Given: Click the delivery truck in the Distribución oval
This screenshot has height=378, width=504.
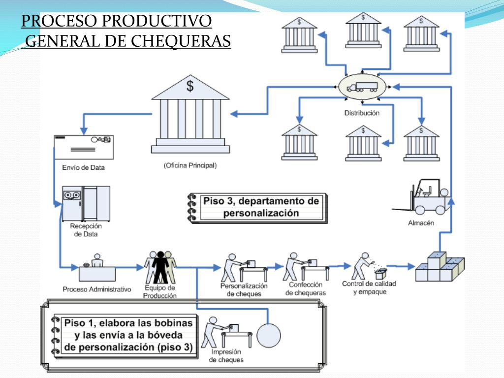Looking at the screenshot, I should [362, 87].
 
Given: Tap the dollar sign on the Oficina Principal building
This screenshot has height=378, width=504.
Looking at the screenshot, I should [189, 86].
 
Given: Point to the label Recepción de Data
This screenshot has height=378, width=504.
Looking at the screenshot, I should [86, 230].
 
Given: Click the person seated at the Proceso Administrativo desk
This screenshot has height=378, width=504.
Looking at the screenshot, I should [96, 261].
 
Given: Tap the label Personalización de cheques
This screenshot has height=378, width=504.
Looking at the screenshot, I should [244, 289].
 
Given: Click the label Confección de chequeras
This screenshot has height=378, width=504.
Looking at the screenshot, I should [306, 288].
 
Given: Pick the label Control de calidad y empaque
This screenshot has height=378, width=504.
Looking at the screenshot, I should [369, 287].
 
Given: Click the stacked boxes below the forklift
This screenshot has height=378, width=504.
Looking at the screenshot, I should [439, 267].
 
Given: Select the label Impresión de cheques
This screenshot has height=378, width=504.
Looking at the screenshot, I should [226, 356].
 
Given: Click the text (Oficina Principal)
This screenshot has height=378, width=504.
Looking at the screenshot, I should [190, 165].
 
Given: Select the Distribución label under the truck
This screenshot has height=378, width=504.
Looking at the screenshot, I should [362, 113].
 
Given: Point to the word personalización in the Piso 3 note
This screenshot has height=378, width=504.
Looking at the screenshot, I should [261, 213].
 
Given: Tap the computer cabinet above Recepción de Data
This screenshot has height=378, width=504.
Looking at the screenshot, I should [86, 203].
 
